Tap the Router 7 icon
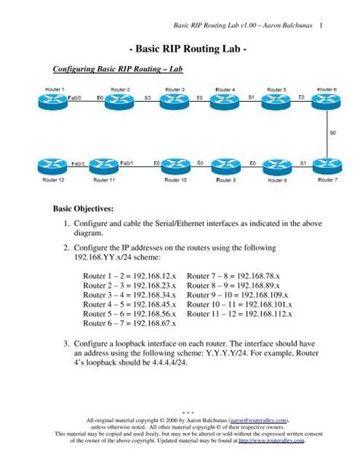[327, 166]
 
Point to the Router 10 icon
[175, 166]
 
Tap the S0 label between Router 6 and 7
[333, 134]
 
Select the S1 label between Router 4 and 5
[251, 98]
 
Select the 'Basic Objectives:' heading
[83, 207]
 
